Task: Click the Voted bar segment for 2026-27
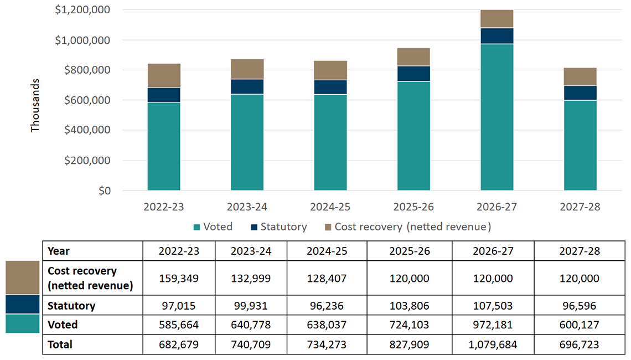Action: point(496,117)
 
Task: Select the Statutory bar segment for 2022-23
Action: point(164,95)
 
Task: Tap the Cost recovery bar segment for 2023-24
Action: point(247,69)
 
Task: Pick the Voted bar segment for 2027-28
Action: point(580,145)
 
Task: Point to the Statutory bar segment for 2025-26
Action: point(413,74)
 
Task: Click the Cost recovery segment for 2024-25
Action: point(330,70)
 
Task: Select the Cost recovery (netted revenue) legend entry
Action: point(407,227)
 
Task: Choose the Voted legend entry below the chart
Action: point(213,227)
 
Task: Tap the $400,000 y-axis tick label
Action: point(87,130)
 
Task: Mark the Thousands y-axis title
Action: point(35,105)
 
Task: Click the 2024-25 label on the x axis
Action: point(330,207)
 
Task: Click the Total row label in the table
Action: point(60,344)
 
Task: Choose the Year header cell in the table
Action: point(59,251)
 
